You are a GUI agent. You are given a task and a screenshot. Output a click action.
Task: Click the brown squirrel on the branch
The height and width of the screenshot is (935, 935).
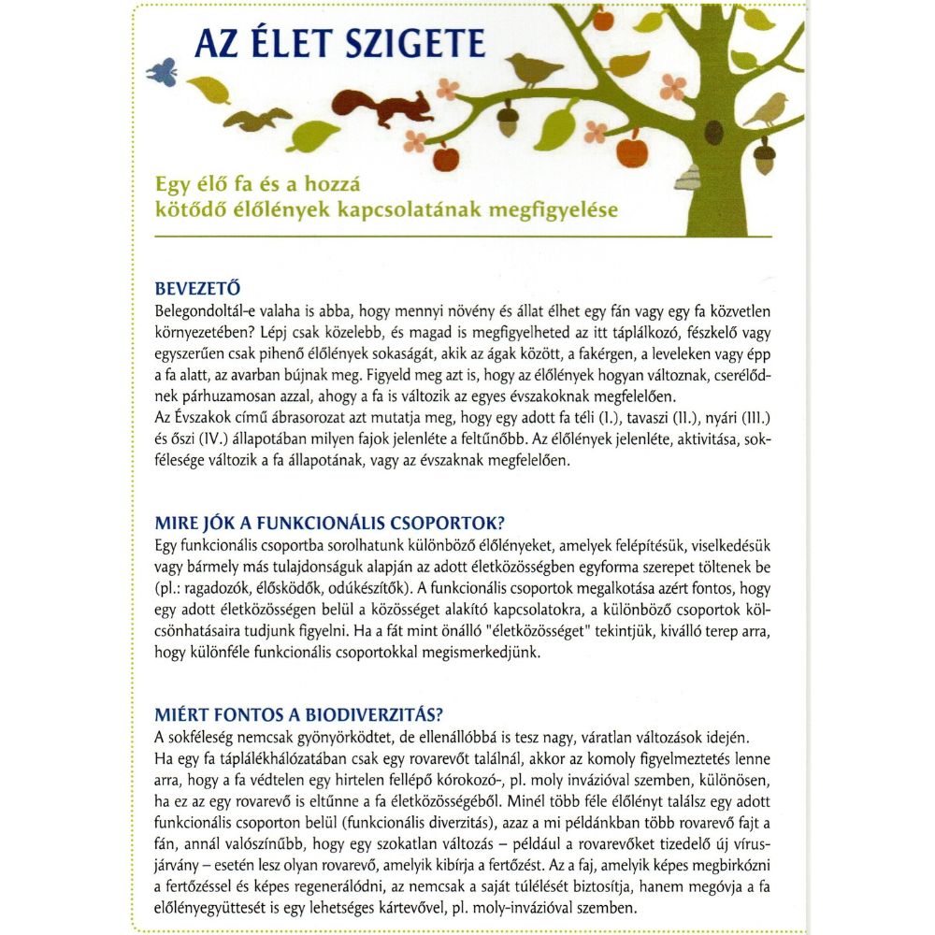tap(379, 107)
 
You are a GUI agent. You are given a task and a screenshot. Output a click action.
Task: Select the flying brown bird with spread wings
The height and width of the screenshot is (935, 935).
tap(256, 119)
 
